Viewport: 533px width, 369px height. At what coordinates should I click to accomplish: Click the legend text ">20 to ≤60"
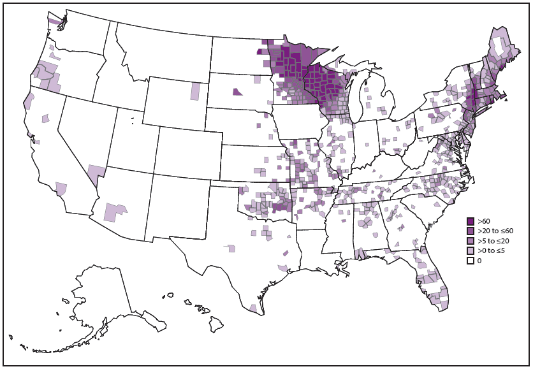tap(495, 231)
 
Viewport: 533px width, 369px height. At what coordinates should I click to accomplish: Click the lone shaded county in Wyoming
tap(194, 91)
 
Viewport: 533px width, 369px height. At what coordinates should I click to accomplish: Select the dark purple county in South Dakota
tap(237, 92)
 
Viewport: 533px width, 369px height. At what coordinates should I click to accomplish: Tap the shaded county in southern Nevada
tap(94, 174)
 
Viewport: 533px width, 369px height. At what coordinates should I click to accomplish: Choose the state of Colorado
tap(183, 156)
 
